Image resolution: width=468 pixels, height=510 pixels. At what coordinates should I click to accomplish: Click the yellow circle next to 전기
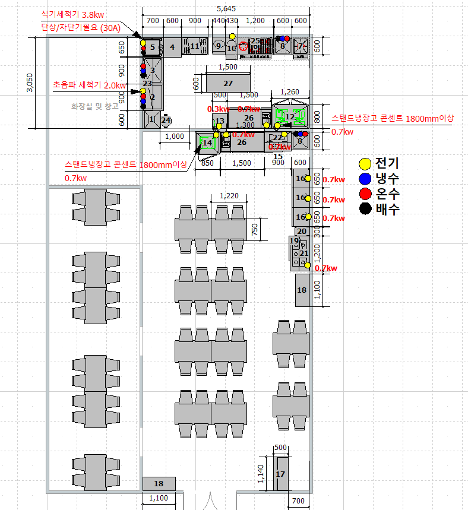pos(366,163)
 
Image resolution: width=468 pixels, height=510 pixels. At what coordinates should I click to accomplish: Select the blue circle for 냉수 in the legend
pos(366,179)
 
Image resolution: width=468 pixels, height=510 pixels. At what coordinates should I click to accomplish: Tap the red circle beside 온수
pos(366,194)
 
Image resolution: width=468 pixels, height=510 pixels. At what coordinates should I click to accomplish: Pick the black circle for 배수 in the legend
pos(366,208)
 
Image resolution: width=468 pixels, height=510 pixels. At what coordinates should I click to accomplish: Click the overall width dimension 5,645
pos(226,8)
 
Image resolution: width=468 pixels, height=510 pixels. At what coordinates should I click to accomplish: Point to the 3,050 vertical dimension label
pos(30,83)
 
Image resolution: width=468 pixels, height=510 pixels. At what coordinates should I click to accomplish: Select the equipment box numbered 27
pos(228,83)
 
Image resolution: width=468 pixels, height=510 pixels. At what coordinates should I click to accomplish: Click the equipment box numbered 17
pos(281,474)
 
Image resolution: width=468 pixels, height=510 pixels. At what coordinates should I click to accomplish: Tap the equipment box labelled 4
pos(172,46)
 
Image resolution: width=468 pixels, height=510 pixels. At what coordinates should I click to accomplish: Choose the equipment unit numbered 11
pos(194,46)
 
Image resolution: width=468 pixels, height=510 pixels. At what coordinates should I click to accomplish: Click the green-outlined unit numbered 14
pos(207,142)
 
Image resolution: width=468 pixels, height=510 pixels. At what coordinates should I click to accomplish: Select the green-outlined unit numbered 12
pos(290,116)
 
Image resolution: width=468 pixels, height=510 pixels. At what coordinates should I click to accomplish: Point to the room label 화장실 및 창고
pos(95,106)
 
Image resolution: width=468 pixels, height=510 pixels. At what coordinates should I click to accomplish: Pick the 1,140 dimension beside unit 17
pos(260,474)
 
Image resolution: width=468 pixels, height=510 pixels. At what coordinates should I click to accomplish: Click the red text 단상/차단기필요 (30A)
pos(79,27)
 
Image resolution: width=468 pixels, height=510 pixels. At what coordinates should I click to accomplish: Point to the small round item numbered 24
pos(166,120)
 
